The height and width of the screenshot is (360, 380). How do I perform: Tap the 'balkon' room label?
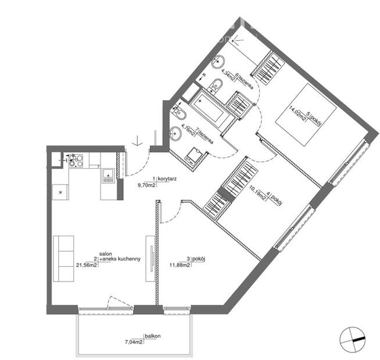(153, 336)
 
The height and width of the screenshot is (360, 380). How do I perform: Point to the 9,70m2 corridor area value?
(146, 186)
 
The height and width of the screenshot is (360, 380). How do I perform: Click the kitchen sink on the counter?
(108, 175)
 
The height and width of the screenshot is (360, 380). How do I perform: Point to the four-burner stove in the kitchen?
(76, 160)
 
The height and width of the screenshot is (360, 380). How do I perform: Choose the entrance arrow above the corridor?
(136, 141)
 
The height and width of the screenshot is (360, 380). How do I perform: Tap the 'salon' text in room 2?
(105, 254)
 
